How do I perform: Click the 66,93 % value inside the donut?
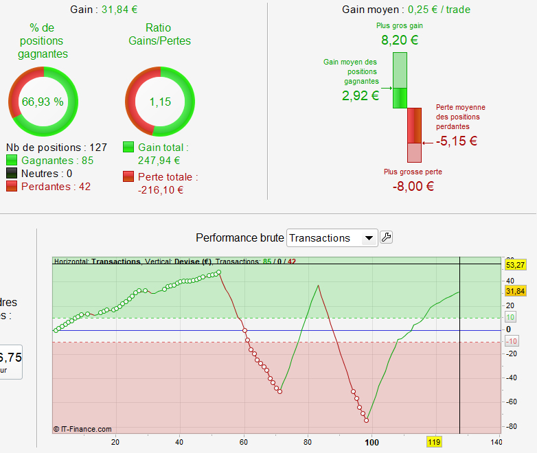click(43, 102)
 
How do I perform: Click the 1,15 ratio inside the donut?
click(160, 102)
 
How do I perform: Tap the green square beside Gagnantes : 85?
click(12, 161)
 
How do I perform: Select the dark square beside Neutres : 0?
click(12, 174)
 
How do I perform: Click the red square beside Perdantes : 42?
click(12, 187)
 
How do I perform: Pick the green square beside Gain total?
click(128, 148)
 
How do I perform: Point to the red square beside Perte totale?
click(128, 177)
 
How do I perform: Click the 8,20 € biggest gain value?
click(400, 40)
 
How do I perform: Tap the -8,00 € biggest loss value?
click(412, 185)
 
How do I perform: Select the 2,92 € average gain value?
click(361, 95)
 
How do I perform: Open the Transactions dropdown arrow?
click(369, 238)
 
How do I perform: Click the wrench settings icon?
click(386, 237)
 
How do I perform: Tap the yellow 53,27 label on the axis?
click(514, 264)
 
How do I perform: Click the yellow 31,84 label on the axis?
click(514, 291)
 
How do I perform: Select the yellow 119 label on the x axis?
click(434, 442)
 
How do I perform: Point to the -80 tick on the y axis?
click(512, 426)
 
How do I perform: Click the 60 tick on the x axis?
click(244, 441)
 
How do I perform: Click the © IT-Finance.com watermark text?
click(82, 429)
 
